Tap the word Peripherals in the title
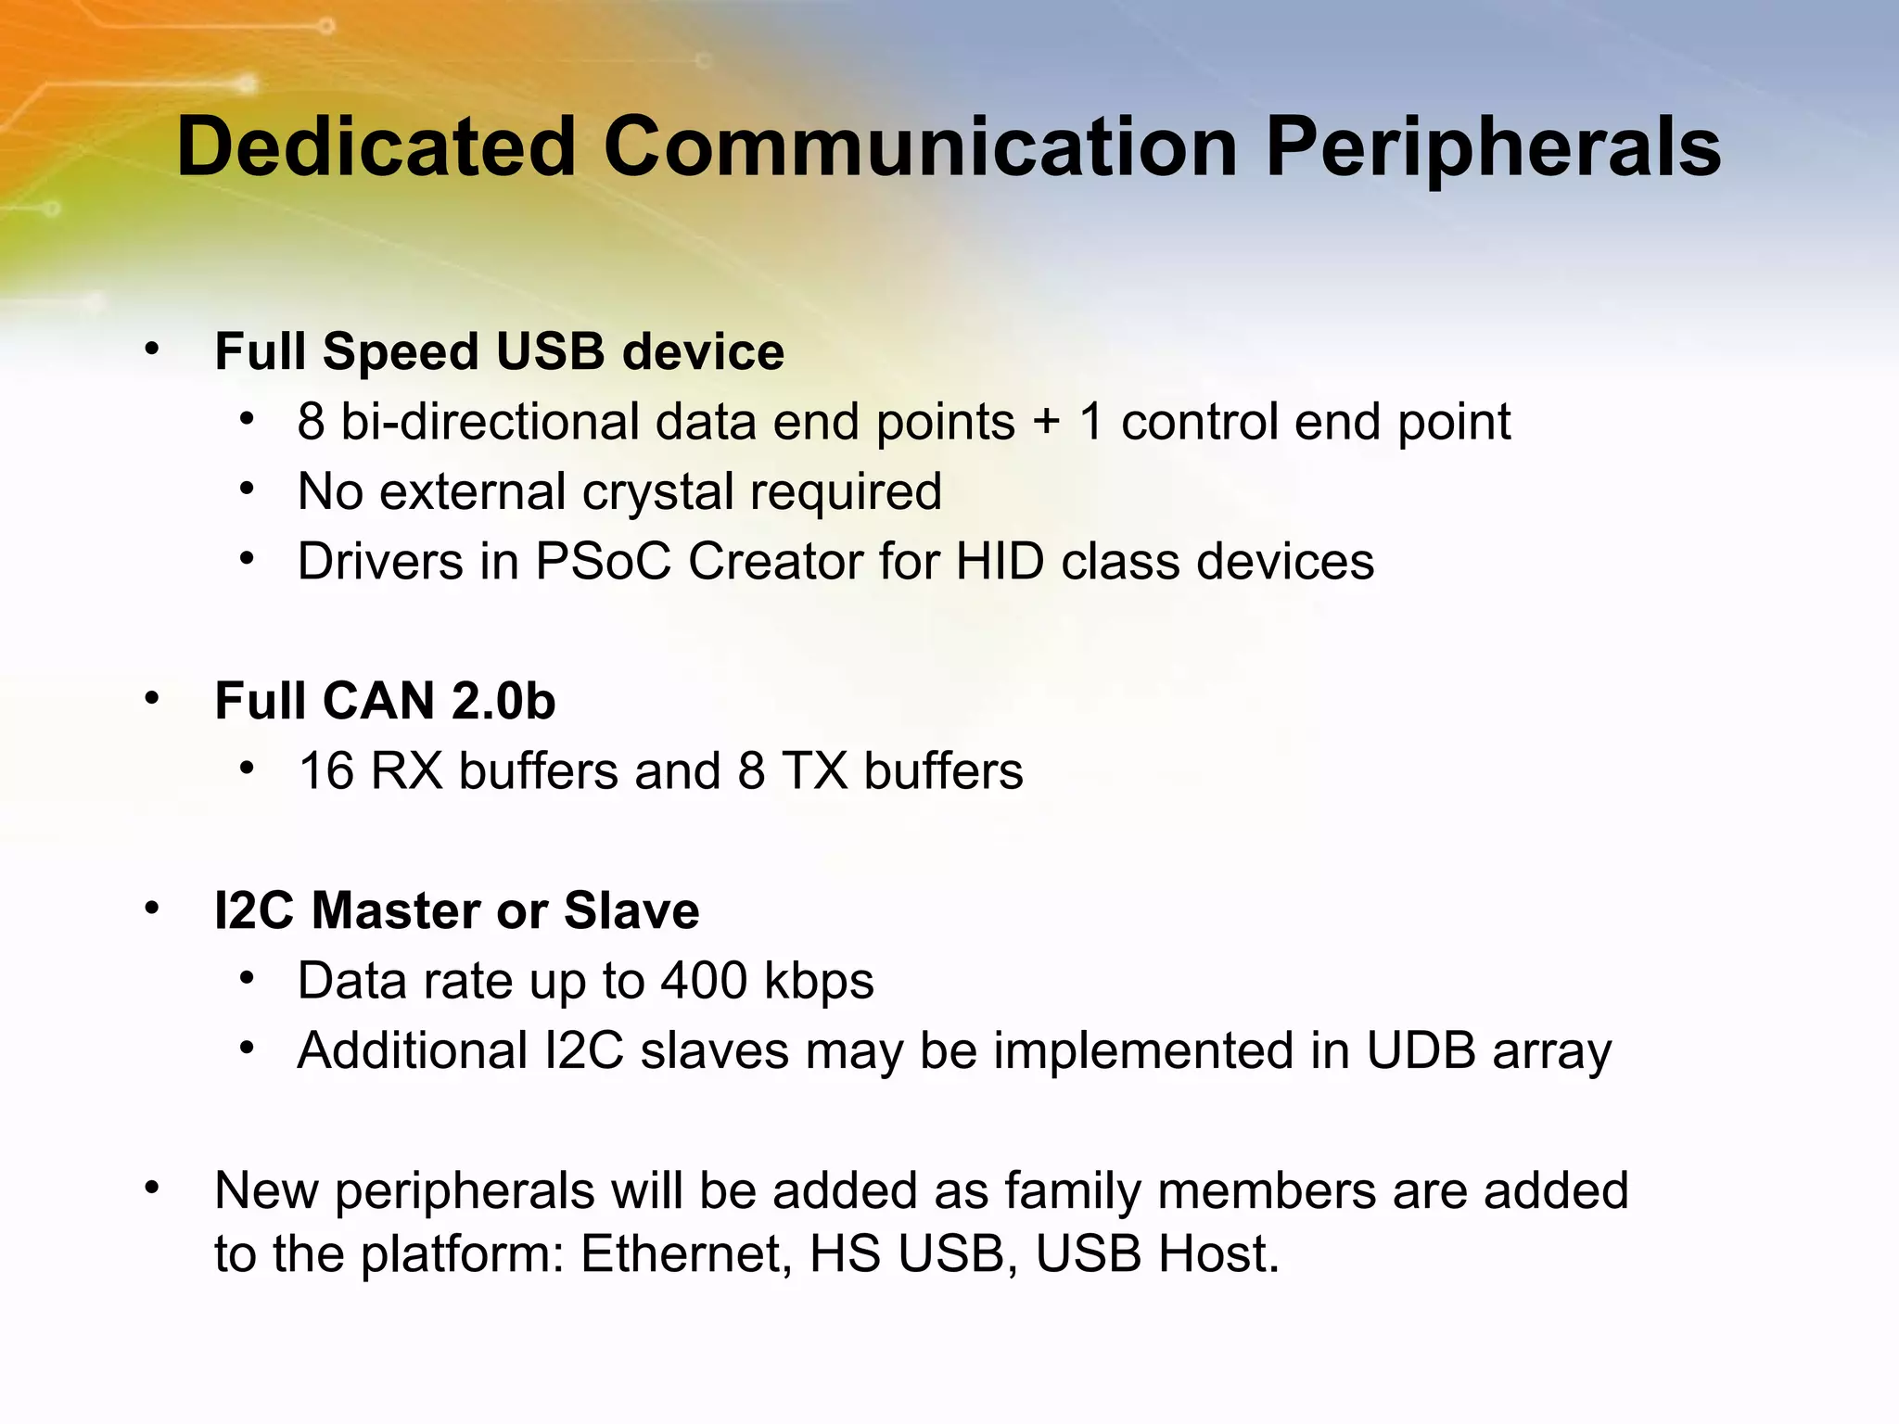(1493, 148)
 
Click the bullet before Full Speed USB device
(152, 350)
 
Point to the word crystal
(657, 492)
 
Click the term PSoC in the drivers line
(603, 562)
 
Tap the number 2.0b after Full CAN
(503, 701)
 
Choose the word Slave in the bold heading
(631, 910)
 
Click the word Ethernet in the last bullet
(686, 1254)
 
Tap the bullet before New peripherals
(152, 1188)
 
